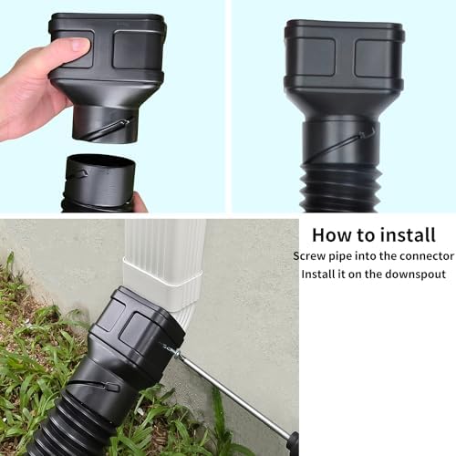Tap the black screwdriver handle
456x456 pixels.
pyautogui.click(x=292, y=443)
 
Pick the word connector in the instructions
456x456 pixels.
pyautogui.click(x=418, y=256)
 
